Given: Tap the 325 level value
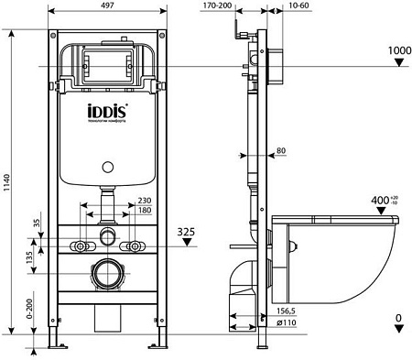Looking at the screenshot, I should click(x=187, y=233).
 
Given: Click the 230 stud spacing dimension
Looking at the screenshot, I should click(x=145, y=202).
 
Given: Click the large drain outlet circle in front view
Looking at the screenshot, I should click(x=109, y=273).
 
